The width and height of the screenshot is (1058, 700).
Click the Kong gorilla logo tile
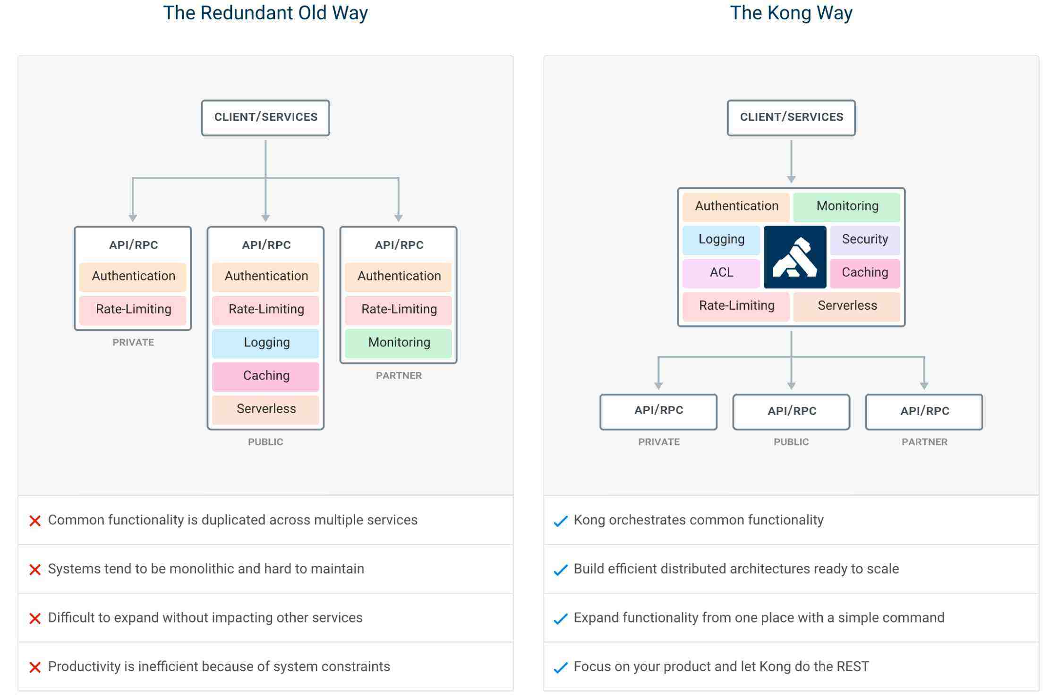click(x=794, y=257)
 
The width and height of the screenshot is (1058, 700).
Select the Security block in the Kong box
click(x=864, y=239)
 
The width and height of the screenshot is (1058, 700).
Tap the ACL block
click(x=721, y=273)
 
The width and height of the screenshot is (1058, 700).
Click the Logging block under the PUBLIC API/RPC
click(x=266, y=343)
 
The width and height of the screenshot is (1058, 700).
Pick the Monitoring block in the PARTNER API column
click(x=399, y=343)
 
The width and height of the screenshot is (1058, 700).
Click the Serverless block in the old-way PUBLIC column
click(x=266, y=409)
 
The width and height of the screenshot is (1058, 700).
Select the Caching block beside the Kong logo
click(x=864, y=273)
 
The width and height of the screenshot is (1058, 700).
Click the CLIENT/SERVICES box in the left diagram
click(x=265, y=118)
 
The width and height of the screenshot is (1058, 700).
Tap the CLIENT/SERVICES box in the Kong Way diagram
click(x=791, y=118)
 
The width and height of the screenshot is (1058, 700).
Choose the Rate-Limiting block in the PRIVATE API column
click(x=133, y=310)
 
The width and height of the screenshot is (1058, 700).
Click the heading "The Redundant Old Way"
click(x=265, y=13)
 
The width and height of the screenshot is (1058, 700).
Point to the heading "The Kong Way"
click(x=791, y=13)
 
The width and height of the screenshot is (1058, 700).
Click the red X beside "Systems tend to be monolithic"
click(x=35, y=570)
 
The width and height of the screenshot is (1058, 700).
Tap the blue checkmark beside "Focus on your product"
click(x=560, y=667)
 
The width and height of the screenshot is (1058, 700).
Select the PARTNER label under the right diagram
click(x=924, y=442)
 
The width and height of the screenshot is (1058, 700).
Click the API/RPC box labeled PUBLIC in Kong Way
click(x=791, y=411)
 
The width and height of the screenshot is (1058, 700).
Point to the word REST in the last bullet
click(x=853, y=666)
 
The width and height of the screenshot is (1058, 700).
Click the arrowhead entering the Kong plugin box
click(x=791, y=180)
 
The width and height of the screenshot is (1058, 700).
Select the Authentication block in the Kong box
click(x=736, y=206)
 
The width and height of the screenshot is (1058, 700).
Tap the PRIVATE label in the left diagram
click(x=133, y=343)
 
